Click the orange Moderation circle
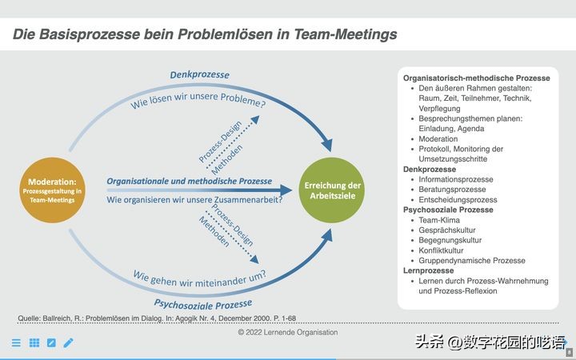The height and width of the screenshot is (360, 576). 52,190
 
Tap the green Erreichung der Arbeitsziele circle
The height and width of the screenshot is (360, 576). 332,190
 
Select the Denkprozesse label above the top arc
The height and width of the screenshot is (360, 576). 199,75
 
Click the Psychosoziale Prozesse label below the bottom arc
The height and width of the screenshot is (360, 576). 202,305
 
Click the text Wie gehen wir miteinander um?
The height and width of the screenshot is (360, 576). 199,279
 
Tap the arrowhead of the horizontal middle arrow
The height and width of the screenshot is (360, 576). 286,190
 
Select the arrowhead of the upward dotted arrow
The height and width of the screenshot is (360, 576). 255,120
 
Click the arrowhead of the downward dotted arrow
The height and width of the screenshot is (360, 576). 254,259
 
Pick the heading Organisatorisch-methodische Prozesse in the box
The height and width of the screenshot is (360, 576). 477,78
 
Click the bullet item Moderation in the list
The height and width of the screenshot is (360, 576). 438,139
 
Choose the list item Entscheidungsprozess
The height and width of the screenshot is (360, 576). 458,200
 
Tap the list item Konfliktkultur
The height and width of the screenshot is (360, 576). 441,250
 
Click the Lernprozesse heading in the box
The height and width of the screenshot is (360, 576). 428,270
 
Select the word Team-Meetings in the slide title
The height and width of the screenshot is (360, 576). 346,34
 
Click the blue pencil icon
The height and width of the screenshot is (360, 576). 68,342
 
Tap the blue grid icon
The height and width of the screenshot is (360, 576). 34,342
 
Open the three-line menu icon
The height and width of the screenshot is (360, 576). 16,342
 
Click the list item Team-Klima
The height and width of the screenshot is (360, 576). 439,220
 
